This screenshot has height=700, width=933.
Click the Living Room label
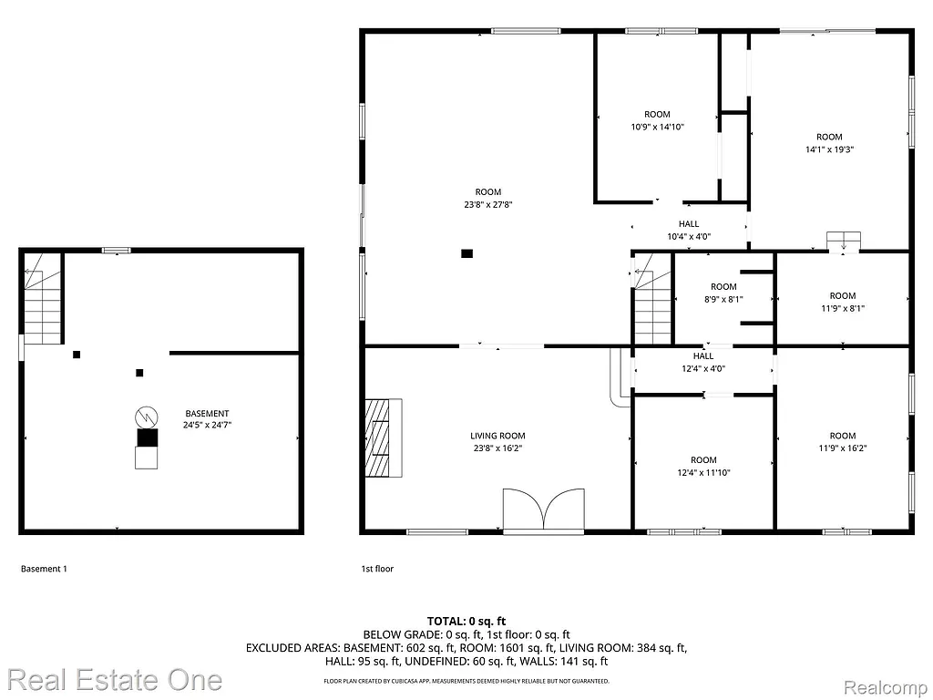pyautogui.click(x=497, y=436)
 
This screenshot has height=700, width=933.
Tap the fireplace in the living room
pyautogui.click(x=383, y=437)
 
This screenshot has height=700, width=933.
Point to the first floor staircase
pyautogui.click(x=652, y=300)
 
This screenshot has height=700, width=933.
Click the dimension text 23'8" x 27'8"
pyautogui.click(x=487, y=204)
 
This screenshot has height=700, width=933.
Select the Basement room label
pyautogui.click(x=207, y=413)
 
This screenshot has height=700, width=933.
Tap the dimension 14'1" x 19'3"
pyautogui.click(x=829, y=149)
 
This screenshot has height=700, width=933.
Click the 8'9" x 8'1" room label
pyautogui.click(x=723, y=298)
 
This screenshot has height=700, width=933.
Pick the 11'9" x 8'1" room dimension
pyautogui.click(x=843, y=308)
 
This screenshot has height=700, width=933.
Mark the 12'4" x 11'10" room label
pyautogui.click(x=703, y=472)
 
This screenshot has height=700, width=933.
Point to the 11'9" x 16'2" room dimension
pyautogui.click(x=843, y=448)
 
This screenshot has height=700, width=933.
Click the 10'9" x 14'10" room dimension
pyautogui.click(x=657, y=127)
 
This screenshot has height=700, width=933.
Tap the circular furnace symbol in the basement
pyautogui.click(x=146, y=417)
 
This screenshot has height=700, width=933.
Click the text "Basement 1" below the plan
pyautogui.click(x=44, y=569)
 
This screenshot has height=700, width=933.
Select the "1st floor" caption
pyautogui.click(x=377, y=569)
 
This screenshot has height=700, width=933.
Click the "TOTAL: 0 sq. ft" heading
pyautogui.click(x=466, y=621)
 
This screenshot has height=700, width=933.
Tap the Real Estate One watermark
pyautogui.click(x=115, y=680)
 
